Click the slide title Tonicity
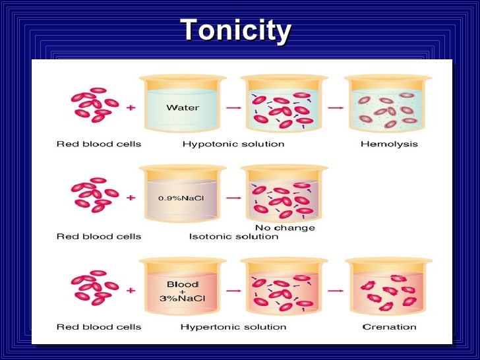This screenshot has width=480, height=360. coord(235,30)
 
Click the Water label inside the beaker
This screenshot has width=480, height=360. coord(183,107)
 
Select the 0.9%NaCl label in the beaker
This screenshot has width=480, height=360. coord(183,198)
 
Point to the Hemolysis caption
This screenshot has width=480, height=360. coord(388,144)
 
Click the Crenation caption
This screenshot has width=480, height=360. coord(389,326)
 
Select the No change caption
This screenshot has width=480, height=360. coord(284,228)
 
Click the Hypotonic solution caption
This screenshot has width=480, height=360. coord(233,144)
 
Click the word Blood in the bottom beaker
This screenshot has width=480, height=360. coord(183,284)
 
